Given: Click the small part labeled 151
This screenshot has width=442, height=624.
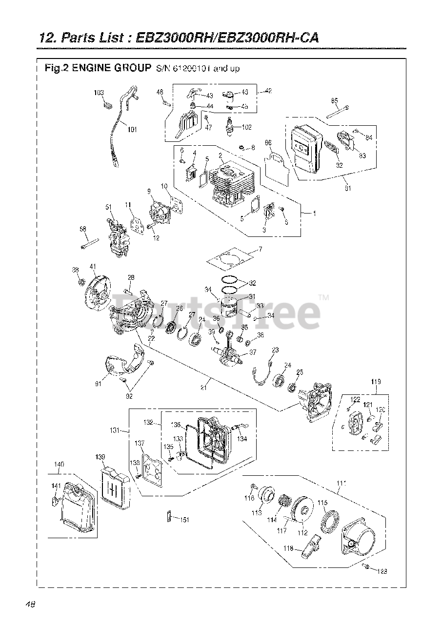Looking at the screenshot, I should [169, 518].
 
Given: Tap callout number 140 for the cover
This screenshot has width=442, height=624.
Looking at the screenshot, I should [59, 465].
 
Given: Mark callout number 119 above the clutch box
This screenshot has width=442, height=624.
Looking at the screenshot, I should [376, 382].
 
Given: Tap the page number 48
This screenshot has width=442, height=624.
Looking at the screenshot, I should [30, 604].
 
